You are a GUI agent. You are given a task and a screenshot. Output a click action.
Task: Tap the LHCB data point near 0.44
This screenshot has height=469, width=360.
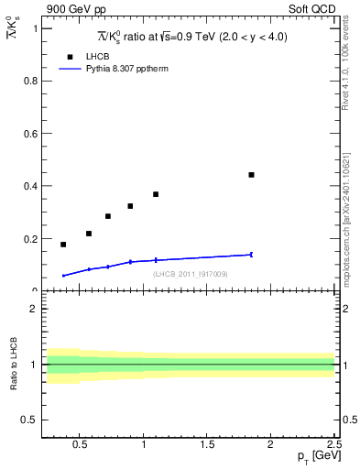251,174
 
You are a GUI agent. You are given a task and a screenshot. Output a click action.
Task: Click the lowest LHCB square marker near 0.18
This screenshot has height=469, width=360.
63,245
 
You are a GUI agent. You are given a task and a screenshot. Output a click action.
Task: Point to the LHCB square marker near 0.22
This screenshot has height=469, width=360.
89,234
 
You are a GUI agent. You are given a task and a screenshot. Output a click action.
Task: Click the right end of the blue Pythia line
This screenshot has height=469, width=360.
251,255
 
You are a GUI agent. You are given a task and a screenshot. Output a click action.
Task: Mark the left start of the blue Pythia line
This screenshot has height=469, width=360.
63,276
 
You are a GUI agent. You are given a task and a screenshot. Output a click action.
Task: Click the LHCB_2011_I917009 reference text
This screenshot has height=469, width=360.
191,274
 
